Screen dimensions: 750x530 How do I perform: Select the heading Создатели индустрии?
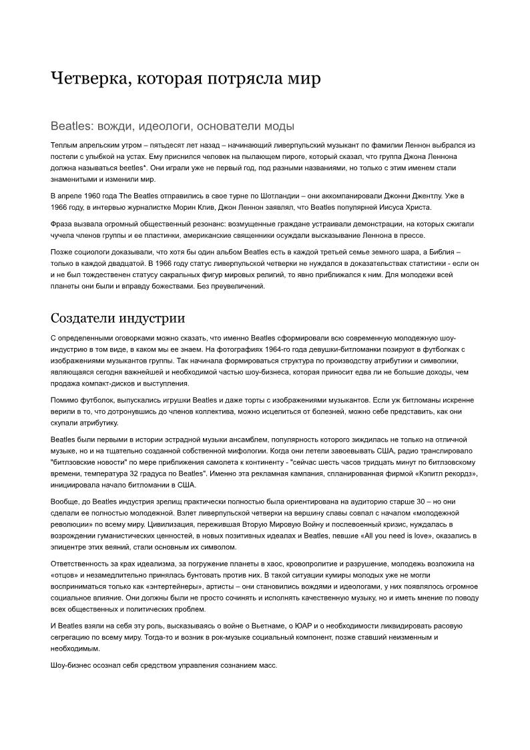coord(117,318)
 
